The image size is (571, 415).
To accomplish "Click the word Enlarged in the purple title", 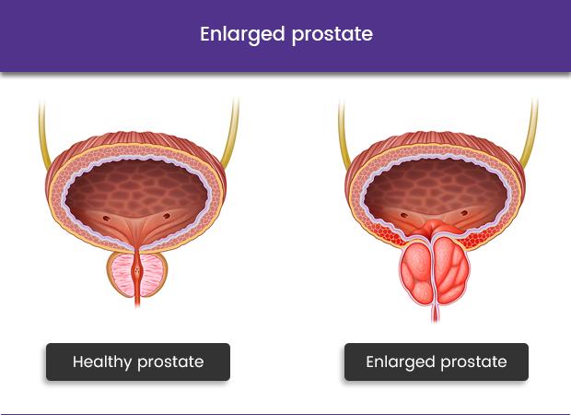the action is pos(242,35).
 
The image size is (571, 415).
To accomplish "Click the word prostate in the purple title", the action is pos(332,35).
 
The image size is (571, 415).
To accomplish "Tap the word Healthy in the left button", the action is pos(102,362).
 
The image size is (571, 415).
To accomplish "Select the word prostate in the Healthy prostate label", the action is pos(170,362).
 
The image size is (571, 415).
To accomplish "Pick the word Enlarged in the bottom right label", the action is pos(401,362).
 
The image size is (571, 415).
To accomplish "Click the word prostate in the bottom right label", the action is pos(473,362).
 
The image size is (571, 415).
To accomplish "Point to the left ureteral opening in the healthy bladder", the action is pos(106,219).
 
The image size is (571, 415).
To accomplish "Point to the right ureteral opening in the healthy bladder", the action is pos(167,216).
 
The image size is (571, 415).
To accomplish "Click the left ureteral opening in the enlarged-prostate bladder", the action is pos(404,216).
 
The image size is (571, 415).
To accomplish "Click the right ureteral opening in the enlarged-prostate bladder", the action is pos(464,213).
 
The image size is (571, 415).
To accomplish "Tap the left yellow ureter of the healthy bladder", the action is pos(43,135).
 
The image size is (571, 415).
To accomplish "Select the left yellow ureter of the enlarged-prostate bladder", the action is pos(343,135).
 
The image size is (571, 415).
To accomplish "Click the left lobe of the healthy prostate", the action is pos(122,274).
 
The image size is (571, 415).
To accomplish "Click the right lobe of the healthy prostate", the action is pos(153,274).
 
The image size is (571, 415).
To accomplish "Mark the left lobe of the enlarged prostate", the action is pos(417,272).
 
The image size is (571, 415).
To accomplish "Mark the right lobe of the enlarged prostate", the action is pos(451,272).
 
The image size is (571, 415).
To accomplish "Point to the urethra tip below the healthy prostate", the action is pos(137,306).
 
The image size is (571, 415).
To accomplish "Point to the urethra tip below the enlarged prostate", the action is pos(436,321).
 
